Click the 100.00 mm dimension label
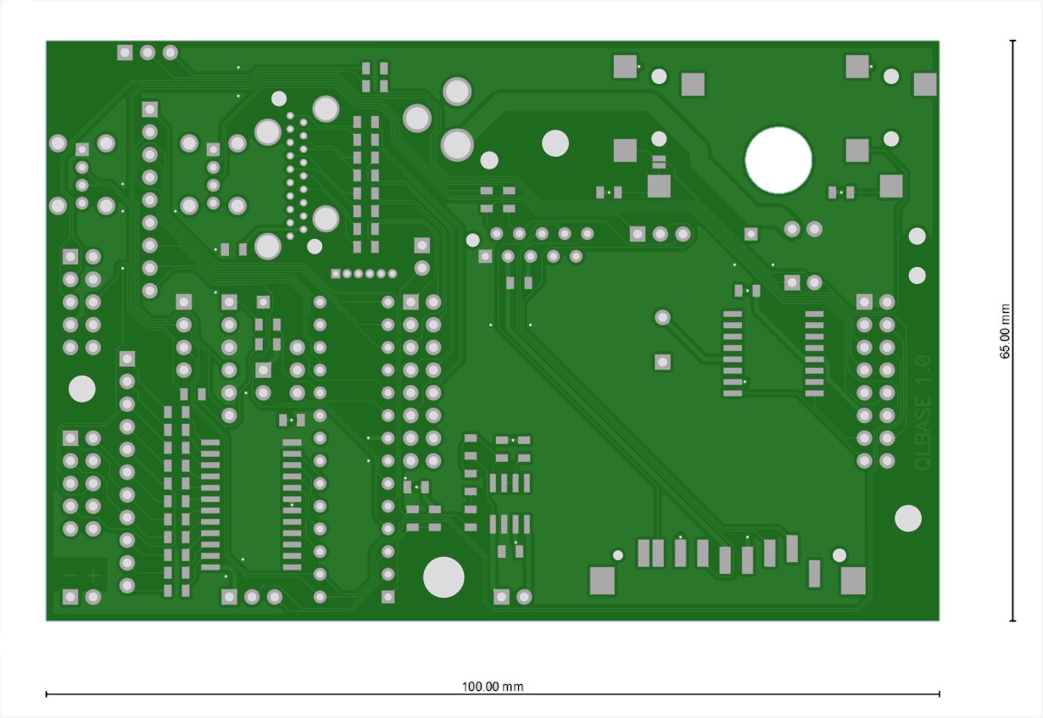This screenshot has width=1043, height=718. click(x=492, y=687)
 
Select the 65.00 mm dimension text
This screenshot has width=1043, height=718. click(x=1006, y=331)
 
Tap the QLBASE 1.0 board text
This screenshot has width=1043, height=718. click(x=923, y=412)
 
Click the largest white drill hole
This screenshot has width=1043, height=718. click(x=778, y=159)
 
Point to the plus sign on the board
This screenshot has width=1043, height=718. click(x=93, y=576)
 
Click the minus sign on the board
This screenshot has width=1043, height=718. click(x=70, y=576)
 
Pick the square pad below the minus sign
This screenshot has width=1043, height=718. click(x=70, y=597)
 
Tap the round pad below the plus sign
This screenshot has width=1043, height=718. click(x=93, y=597)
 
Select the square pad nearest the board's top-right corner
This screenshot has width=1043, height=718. click(x=925, y=84)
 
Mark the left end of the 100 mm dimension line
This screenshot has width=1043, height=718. click(x=46, y=694)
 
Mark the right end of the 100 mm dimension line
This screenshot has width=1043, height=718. click(x=940, y=694)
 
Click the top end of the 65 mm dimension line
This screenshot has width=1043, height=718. click(x=1012, y=41)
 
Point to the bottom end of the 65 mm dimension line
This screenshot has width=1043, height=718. click(x=1012, y=621)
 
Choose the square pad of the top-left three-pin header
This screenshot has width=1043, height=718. click(x=125, y=53)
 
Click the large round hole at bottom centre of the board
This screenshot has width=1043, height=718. click(x=443, y=577)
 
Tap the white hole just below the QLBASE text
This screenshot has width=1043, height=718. click(x=908, y=518)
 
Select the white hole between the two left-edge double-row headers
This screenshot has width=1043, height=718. click(x=82, y=389)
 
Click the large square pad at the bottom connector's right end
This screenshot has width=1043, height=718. click(x=853, y=581)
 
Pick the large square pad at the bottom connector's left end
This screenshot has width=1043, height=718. click(x=602, y=581)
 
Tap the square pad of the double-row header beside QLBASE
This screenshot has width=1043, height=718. click(x=864, y=302)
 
